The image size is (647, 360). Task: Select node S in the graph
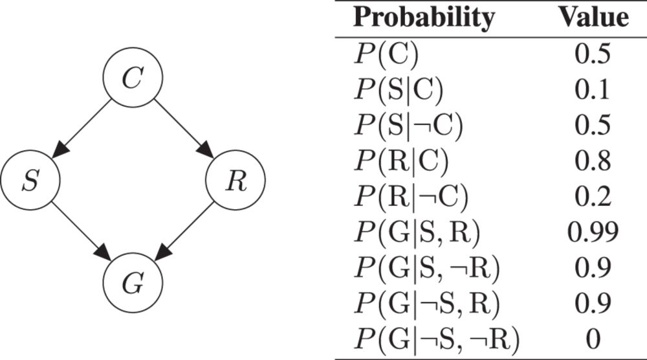tap(30, 182)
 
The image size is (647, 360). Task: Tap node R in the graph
tap(235, 182)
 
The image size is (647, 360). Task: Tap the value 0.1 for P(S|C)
tap(593, 91)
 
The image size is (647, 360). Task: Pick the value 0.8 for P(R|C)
tap(593, 161)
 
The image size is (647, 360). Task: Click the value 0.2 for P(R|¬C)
tap(593, 196)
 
